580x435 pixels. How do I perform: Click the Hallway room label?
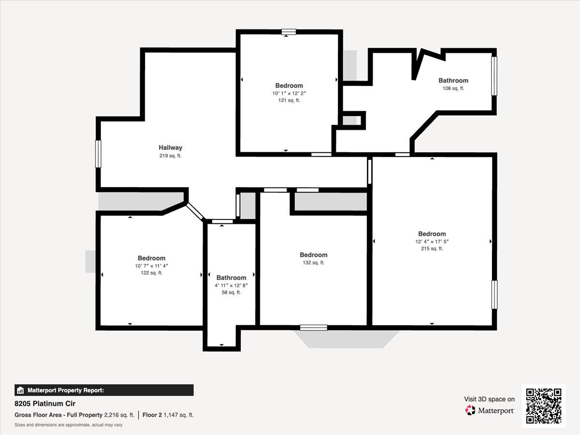[171, 147]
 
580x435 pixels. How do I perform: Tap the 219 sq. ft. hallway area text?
[171, 156]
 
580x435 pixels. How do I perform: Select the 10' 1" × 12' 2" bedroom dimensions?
[289, 93]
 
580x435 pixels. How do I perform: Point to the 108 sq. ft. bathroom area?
[453, 88]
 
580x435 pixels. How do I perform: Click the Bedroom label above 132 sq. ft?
[314, 255]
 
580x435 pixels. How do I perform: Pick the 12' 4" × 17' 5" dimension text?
[432, 241]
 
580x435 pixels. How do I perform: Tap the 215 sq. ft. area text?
[432, 248]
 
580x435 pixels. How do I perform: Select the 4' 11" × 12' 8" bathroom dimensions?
[231, 285]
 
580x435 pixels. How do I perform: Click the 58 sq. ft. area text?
[231, 292]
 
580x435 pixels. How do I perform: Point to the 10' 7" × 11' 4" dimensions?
[151, 266]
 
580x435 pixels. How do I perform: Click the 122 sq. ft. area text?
[151, 273]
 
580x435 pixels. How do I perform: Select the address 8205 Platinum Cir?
[45, 404]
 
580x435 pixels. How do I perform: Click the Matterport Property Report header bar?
[104, 390]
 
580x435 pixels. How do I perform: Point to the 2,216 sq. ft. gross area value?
[119, 415]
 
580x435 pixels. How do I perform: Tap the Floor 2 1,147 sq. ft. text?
[168, 415]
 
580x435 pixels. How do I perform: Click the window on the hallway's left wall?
[98, 154]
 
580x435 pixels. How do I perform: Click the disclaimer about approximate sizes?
[69, 425]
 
